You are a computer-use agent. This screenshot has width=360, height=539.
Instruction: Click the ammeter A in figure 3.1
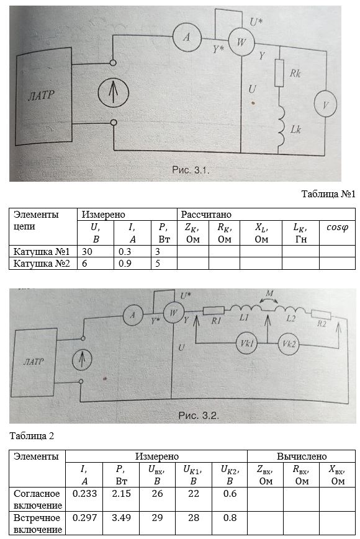(x=186, y=37)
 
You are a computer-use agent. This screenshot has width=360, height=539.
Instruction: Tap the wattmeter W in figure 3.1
(x=241, y=42)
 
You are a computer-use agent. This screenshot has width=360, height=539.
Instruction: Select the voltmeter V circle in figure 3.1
(x=325, y=104)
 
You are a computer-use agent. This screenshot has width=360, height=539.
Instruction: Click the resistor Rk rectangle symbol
(x=279, y=73)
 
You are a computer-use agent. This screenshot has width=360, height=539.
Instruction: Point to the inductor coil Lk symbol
(x=281, y=125)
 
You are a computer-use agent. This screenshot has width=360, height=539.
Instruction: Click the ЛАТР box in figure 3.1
(x=43, y=96)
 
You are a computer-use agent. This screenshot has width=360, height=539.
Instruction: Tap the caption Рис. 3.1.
(x=191, y=170)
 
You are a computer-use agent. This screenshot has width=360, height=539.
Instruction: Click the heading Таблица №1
(x=328, y=194)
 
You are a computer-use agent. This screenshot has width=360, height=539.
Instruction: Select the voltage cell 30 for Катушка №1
(x=87, y=252)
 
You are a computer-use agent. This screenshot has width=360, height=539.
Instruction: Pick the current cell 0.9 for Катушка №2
(x=125, y=264)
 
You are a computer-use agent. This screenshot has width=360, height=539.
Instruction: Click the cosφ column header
(x=337, y=227)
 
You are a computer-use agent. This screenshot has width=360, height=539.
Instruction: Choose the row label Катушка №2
(x=42, y=264)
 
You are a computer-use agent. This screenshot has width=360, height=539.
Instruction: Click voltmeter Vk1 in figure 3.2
(x=246, y=343)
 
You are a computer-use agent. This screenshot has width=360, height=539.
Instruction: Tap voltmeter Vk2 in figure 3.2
(x=289, y=344)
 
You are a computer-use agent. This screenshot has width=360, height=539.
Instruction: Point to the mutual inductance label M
(x=269, y=293)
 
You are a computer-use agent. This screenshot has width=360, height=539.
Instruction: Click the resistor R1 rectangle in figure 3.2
(x=214, y=311)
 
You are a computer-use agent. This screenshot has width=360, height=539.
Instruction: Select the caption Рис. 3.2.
(x=199, y=415)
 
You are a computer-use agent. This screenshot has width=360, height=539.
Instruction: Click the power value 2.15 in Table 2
(x=122, y=494)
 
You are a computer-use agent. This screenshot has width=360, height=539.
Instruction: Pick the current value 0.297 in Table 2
(x=84, y=518)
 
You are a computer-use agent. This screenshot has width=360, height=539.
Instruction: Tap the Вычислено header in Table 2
(x=302, y=457)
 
